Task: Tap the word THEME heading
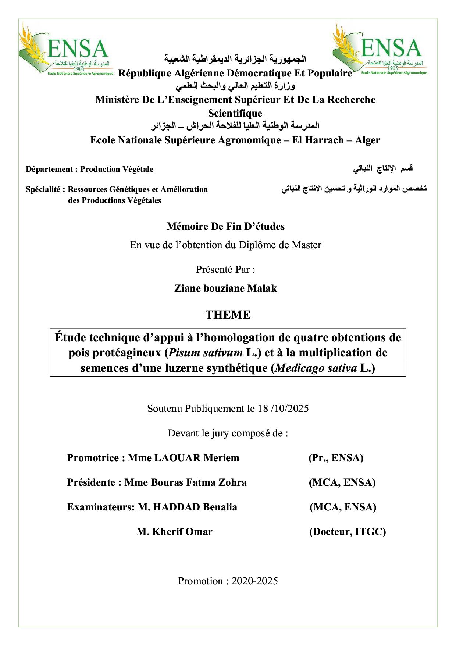click(228, 315)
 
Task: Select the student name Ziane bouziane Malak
click(225, 288)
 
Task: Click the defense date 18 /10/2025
click(283, 409)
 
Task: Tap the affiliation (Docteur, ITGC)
click(348, 532)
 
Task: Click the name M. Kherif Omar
click(174, 532)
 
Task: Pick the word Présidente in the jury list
click(91, 482)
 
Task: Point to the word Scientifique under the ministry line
click(235, 113)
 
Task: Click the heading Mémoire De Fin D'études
click(225, 227)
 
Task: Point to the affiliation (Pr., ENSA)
click(336, 458)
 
